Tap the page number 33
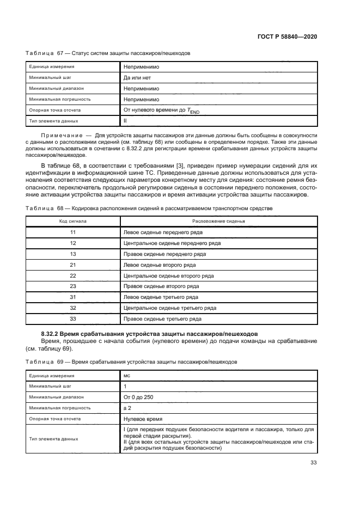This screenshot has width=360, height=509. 314,463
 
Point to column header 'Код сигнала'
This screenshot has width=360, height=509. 72,222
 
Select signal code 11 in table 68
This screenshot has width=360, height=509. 72,232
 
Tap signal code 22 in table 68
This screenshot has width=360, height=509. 72,276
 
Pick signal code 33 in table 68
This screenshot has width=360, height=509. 72,319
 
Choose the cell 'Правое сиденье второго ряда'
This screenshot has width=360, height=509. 161,286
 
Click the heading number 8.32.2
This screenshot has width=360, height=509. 53,333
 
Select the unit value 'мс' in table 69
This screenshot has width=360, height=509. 127,375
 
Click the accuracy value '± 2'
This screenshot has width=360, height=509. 129,408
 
